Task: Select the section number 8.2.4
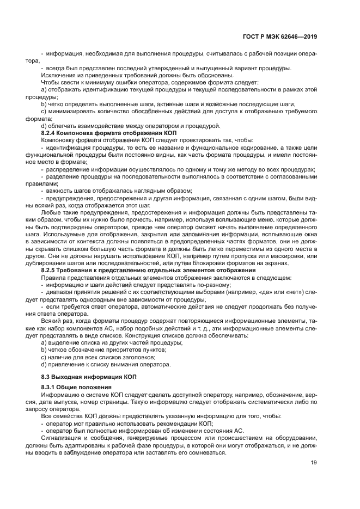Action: [x=50, y=133]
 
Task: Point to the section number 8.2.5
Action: [x=50, y=270]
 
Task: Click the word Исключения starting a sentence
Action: [x=57, y=75]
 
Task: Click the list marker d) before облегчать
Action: [x=44, y=126]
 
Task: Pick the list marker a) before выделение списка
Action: [x=44, y=343]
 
